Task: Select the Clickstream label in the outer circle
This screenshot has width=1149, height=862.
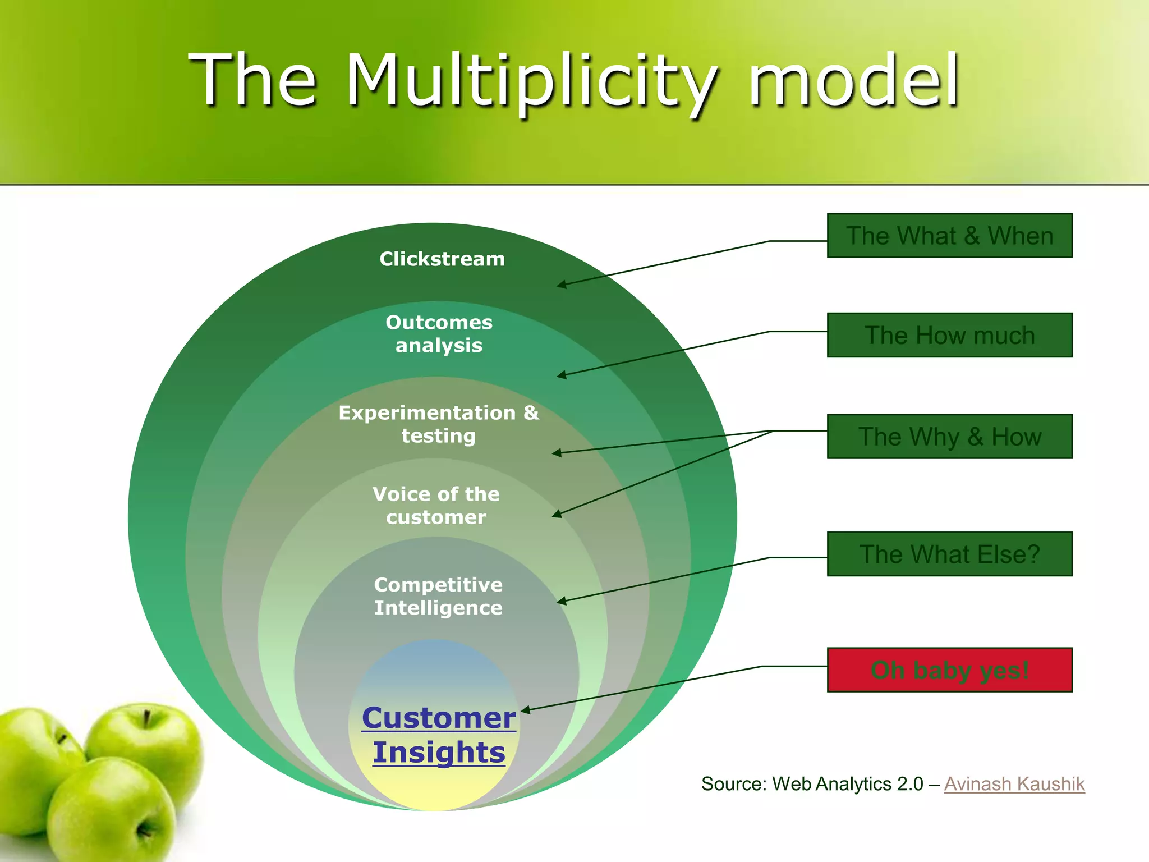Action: coord(442,259)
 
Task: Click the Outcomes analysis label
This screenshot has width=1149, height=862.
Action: coord(439,334)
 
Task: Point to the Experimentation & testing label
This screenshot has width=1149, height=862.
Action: coord(439,424)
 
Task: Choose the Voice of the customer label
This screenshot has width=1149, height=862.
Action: coord(436,506)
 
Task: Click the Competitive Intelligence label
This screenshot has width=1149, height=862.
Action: coord(438,597)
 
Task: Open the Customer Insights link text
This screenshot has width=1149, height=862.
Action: coord(439,735)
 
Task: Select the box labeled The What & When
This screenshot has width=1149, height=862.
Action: coord(949,236)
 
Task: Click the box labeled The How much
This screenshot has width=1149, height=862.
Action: coord(949,335)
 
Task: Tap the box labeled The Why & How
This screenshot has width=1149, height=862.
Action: coord(949,437)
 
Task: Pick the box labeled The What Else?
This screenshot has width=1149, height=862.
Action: coord(949,554)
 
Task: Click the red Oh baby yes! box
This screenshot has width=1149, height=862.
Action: coord(949,670)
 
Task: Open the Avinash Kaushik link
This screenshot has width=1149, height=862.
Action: coord(1014,784)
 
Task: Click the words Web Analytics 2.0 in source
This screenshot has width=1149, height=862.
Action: coord(847,784)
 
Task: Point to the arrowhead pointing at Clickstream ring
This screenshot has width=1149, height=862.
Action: coord(561,285)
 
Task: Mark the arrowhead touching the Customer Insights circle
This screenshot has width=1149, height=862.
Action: coord(525,710)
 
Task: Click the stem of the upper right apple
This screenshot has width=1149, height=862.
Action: coord(146,718)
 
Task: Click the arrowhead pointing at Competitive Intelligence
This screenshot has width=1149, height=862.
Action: coord(561,602)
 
